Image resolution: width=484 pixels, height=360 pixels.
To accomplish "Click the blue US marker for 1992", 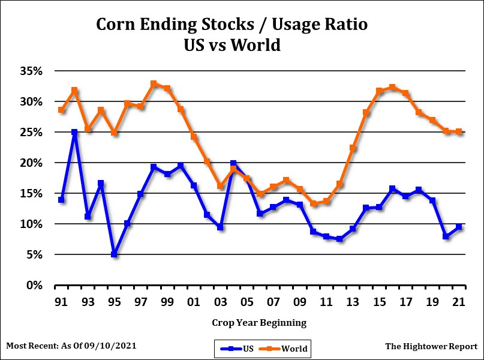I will click(x=74, y=132).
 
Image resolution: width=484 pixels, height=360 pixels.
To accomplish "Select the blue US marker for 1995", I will click(x=114, y=254).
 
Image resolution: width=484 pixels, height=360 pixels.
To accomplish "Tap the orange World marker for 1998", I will click(x=154, y=84).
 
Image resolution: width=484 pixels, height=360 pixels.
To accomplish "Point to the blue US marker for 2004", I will click(x=233, y=163).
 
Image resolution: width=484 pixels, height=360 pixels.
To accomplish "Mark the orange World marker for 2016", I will click(x=393, y=87).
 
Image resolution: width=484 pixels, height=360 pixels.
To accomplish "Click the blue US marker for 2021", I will click(x=459, y=227).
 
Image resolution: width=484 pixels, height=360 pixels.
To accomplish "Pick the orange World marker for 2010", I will click(x=313, y=204).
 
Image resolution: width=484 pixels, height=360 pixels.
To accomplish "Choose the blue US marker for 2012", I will click(x=339, y=239).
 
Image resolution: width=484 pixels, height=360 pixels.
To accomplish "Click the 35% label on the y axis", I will click(x=31, y=71).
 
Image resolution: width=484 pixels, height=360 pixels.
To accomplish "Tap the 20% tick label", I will click(x=31, y=163).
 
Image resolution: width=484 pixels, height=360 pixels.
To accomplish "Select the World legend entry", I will click(x=287, y=348).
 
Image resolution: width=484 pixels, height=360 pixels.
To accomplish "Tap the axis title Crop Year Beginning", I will click(x=259, y=323).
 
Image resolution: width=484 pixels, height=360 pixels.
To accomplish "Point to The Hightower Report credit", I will click(x=431, y=346).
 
